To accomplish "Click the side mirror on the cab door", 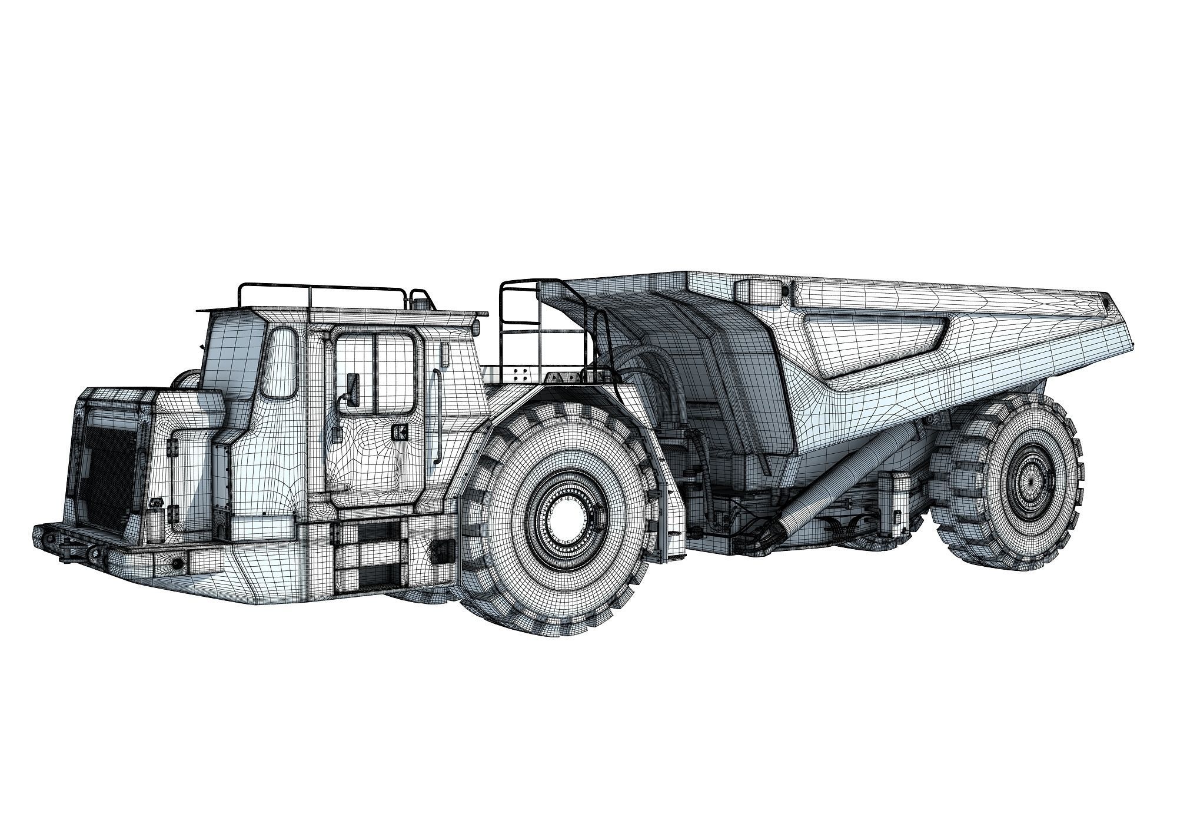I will (x=353, y=389).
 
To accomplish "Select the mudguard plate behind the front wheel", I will (x=671, y=512).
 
